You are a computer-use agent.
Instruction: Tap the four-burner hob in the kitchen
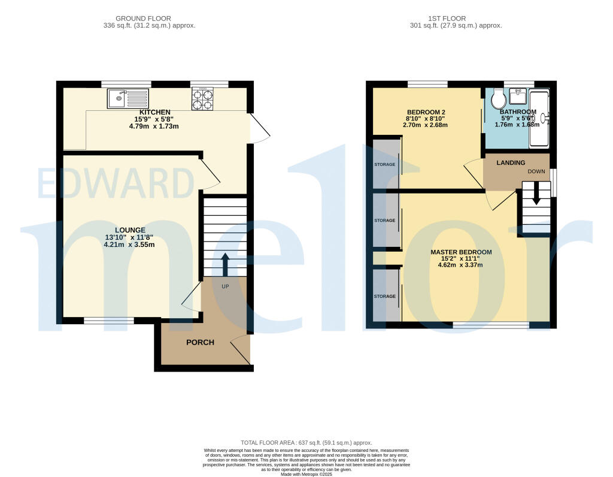(202, 99)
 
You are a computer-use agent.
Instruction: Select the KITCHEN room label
(155, 112)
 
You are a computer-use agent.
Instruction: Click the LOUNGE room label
(130, 230)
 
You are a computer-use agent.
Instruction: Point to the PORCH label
(200, 342)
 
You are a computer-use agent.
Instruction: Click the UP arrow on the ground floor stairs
(225, 264)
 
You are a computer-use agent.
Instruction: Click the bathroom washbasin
(517, 97)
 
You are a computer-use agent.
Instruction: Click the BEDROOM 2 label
(426, 112)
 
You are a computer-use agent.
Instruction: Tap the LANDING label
(511, 162)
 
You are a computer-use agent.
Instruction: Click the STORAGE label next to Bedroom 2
(385, 164)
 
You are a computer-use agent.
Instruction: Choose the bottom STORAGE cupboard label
(385, 296)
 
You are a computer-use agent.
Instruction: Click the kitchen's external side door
(257, 129)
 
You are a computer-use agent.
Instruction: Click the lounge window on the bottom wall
(109, 321)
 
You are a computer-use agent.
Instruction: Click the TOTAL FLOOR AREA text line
(306, 442)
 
